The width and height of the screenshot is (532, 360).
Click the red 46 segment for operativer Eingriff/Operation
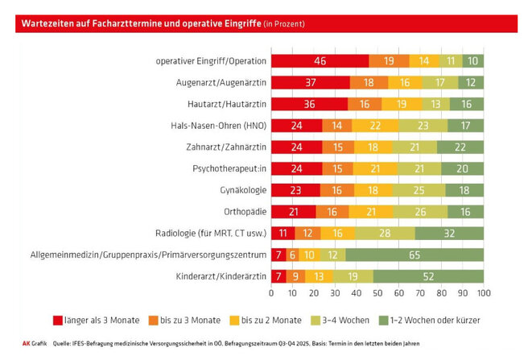click(320, 60)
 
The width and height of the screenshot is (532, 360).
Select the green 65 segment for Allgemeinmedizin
click(414, 255)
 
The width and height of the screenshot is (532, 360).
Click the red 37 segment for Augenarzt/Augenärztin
click(310, 82)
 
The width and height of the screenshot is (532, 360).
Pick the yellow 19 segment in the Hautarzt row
click(399, 104)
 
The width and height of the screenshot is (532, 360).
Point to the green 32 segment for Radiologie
click(449, 234)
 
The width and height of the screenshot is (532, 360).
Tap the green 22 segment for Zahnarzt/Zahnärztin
click(460, 147)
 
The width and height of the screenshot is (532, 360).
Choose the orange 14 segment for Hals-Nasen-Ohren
click(336, 126)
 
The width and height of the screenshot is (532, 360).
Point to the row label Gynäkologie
click(241, 191)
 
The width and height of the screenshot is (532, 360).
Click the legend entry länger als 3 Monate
click(93, 320)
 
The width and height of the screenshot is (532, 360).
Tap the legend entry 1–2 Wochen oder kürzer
click(435, 320)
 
